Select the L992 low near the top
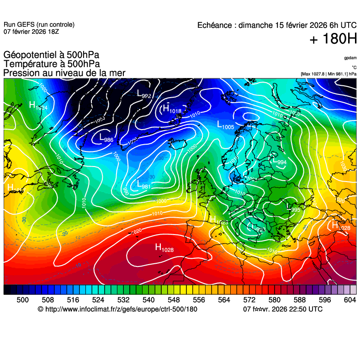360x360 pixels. [x=144, y=94]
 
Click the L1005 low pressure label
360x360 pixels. [x=225, y=125]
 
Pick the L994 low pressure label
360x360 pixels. [x=279, y=161]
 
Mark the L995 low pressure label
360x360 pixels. [x=292, y=208]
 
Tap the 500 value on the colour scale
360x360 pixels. [x=22, y=300]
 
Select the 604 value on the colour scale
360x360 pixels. [x=349, y=300]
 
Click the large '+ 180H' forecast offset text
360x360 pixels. [x=333, y=39]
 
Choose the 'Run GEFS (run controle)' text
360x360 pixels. [x=39, y=25]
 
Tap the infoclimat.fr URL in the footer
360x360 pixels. [x=121, y=309]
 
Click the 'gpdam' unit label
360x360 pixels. [x=350, y=58]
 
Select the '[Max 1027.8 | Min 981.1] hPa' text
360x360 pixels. [x=329, y=74]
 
